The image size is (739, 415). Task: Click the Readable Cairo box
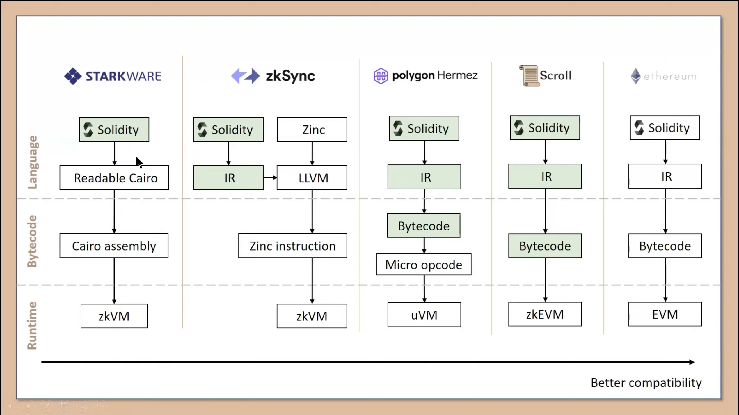(114, 178)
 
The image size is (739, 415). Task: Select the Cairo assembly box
(114, 246)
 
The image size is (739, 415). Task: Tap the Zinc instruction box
(292, 246)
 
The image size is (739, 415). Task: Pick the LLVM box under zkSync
(312, 178)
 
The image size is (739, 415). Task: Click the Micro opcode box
(424, 265)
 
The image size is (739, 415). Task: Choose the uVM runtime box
(424, 315)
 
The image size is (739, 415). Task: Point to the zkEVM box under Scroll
(545, 314)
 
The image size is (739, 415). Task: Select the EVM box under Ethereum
(665, 314)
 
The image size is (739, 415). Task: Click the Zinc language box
(312, 130)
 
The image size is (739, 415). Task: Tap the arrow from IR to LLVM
(270, 178)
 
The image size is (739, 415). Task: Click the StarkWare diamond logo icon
(73, 76)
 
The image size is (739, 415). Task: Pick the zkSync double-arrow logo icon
(245, 76)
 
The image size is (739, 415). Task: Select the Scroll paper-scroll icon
(529, 76)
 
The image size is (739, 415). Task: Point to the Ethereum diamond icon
(636, 76)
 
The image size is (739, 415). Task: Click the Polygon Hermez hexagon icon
(381, 76)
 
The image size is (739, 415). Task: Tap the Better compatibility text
(646, 383)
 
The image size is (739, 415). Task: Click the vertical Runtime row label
(32, 325)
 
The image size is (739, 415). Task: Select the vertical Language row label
(33, 162)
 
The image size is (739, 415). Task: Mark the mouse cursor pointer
(139, 162)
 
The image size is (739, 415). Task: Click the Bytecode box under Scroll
(545, 246)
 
